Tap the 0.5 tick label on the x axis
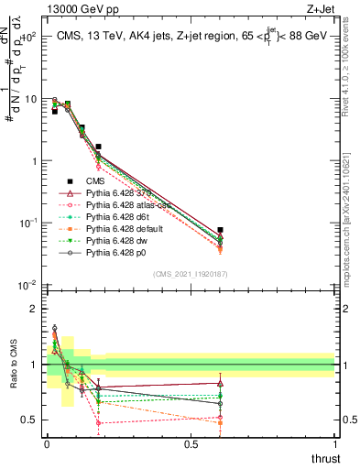(x=191, y=444)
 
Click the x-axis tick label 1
(x=335, y=444)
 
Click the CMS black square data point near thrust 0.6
(x=220, y=230)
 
